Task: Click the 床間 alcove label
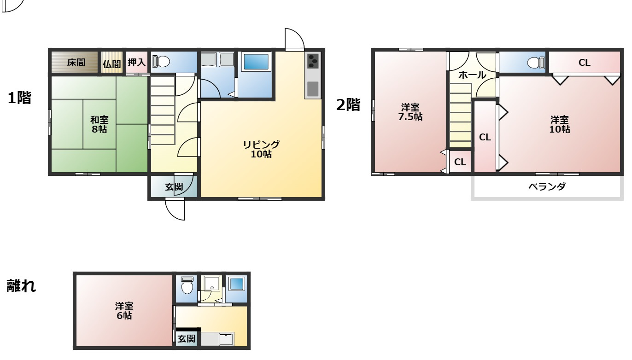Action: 76,62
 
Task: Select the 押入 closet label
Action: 136,62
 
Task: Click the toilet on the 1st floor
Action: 161,61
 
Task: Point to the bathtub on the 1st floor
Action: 256,61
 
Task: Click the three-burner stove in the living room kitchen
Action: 313,61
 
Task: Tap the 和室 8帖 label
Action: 99,124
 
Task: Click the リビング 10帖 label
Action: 261,149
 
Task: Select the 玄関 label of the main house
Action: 174,186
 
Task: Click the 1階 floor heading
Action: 19,98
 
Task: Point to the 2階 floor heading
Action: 348,105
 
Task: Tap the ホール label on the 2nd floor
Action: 472,75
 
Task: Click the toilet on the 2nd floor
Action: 536,63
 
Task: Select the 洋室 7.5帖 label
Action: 410,112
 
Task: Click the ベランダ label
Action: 547,186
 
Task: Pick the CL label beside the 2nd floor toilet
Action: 584,63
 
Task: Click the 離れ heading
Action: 21,285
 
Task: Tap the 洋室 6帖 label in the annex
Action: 124,311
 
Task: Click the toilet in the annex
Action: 187,285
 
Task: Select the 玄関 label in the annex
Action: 187,338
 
